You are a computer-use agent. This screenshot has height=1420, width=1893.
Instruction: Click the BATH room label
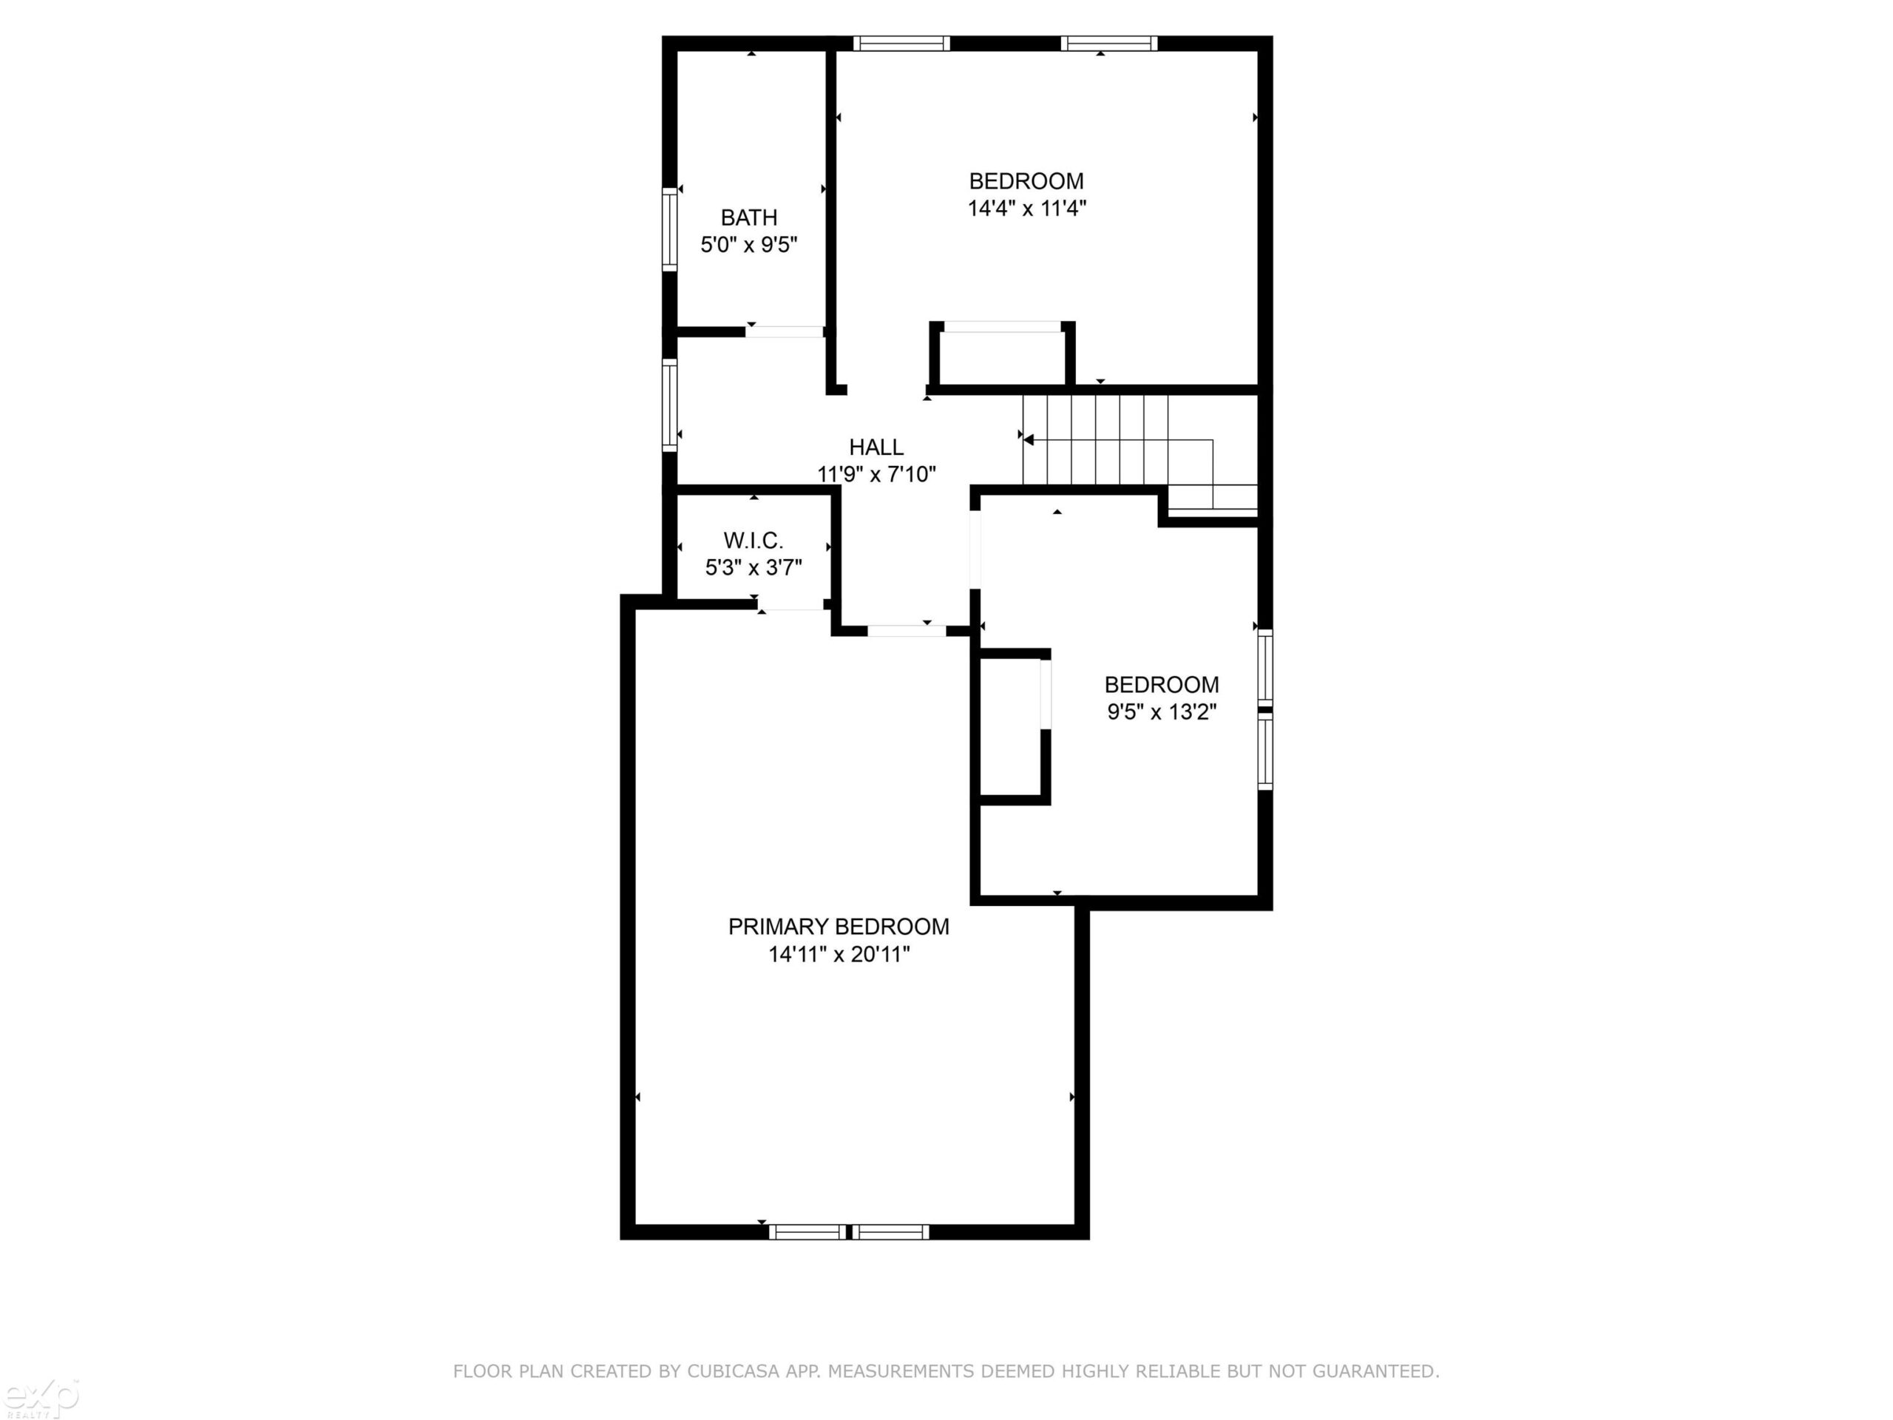749,217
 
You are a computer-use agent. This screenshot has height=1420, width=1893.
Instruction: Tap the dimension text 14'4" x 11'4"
1027,208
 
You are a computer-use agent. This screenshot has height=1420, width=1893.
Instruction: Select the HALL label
876,447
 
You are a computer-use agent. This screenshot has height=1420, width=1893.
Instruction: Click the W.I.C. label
753,541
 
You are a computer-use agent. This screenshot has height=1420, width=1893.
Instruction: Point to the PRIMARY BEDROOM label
839,926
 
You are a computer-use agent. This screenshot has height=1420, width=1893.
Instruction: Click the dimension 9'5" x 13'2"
1161,712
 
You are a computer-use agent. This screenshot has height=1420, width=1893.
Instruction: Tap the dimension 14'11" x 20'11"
839,954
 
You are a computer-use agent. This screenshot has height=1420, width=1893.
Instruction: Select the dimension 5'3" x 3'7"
753,567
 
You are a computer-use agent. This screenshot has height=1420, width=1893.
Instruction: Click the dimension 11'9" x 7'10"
876,474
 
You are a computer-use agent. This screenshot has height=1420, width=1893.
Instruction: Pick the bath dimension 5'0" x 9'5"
749,246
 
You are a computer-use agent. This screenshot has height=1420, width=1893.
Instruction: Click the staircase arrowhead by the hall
1029,440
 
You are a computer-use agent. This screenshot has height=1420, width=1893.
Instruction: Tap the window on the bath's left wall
670,229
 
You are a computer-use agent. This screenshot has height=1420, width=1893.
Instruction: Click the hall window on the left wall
670,405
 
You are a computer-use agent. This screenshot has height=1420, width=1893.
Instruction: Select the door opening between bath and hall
784,332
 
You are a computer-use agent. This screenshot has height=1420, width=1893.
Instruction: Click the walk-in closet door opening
790,604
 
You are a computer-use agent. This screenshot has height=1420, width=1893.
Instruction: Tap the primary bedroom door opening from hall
907,632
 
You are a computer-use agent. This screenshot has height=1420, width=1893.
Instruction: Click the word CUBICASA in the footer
734,1371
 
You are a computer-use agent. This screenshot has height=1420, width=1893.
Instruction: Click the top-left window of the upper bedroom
901,44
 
